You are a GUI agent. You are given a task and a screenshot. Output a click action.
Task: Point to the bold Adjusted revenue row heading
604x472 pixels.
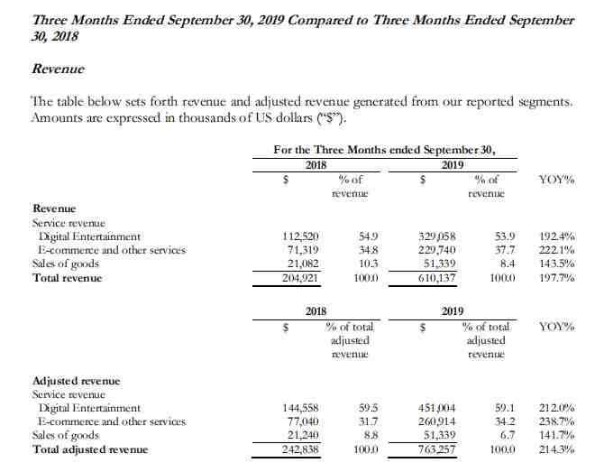[76, 381]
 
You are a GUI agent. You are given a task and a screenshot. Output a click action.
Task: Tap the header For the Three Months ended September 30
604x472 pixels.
[383, 150]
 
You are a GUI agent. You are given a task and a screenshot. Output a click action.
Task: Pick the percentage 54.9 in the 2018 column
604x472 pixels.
[366, 236]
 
